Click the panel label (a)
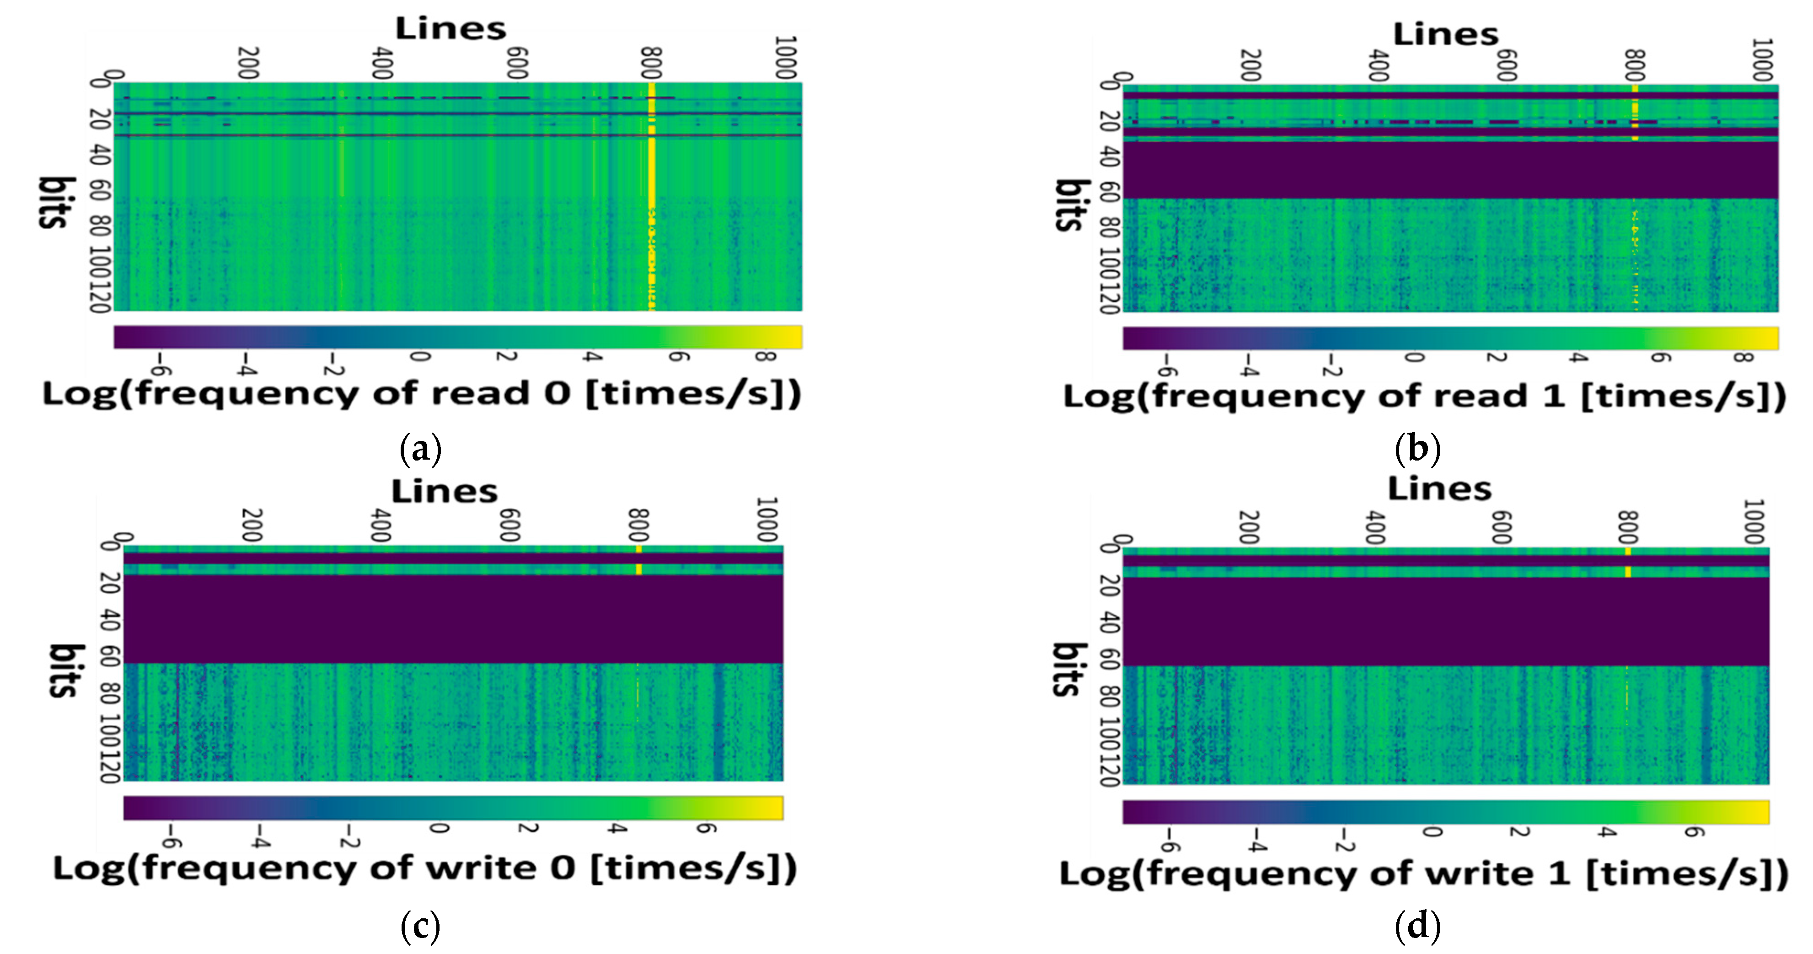pos(420,448)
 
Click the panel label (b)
pos(1417,448)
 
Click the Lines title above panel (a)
pos(451,29)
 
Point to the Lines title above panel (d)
pos(1439,488)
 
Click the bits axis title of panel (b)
pos(1071,204)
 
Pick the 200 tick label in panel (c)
pos(252,525)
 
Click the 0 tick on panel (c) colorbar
pos(439,828)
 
